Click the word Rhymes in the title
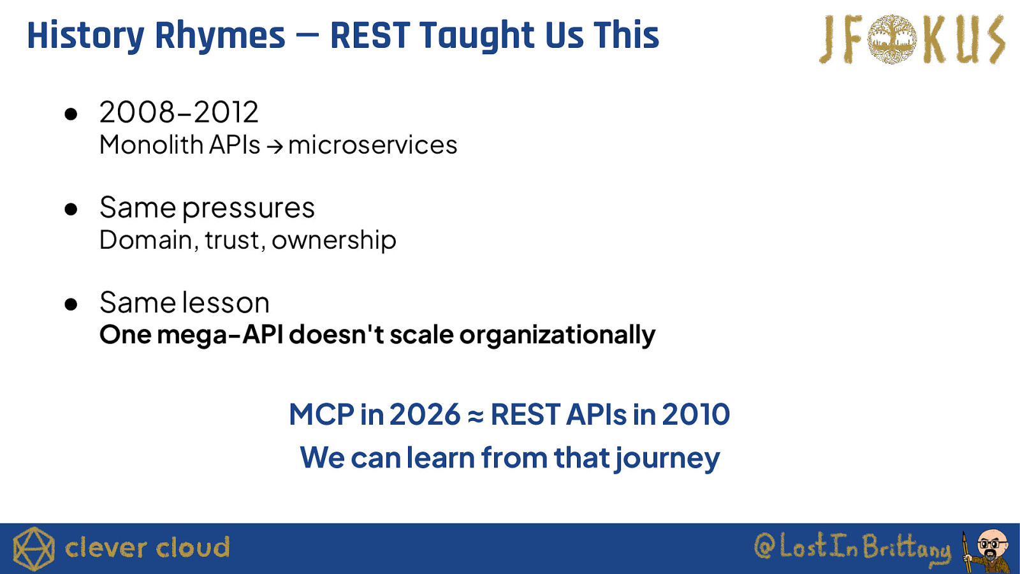[x=220, y=36]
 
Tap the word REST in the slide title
[x=370, y=35]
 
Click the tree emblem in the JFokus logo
[x=892, y=39]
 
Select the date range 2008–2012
[x=179, y=112]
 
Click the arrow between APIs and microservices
[x=275, y=147]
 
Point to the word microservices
[x=372, y=145]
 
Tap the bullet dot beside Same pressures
[x=71, y=209]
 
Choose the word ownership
[x=334, y=240]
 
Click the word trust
[x=233, y=240]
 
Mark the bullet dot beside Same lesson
[x=71, y=304]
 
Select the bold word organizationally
[x=557, y=335]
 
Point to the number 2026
[x=425, y=415]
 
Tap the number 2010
[x=696, y=415]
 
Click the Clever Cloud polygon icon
[x=34, y=548]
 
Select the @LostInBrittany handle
[x=852, y=548]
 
